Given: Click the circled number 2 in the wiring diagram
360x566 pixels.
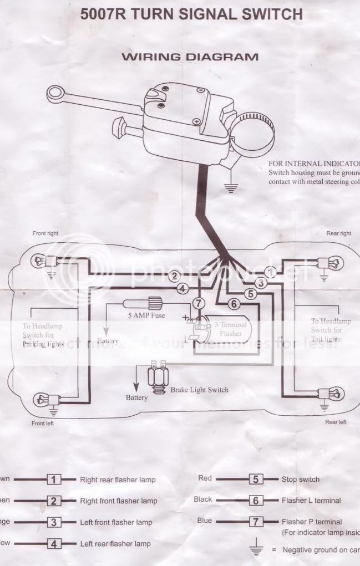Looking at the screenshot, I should tap(175, 276).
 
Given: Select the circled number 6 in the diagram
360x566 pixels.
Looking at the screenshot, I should tap(234, 303).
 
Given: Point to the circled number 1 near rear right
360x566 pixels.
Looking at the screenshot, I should tap(270, 272).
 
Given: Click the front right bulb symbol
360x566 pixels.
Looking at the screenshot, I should tap(38, 260).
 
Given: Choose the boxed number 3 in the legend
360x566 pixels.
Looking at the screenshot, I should tap(54, 522).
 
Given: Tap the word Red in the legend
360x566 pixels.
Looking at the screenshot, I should tap(205, 478).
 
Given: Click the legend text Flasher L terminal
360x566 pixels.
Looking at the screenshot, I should tap(311, 501).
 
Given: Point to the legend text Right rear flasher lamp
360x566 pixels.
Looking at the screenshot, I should tap(118, 480).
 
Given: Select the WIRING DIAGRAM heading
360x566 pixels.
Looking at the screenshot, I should tap(190, 57).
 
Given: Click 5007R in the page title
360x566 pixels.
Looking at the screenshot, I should tap(102, 14).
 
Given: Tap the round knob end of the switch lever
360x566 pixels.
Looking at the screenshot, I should tap(55, 94).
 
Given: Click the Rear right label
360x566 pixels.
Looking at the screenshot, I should tap(339, 233).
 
